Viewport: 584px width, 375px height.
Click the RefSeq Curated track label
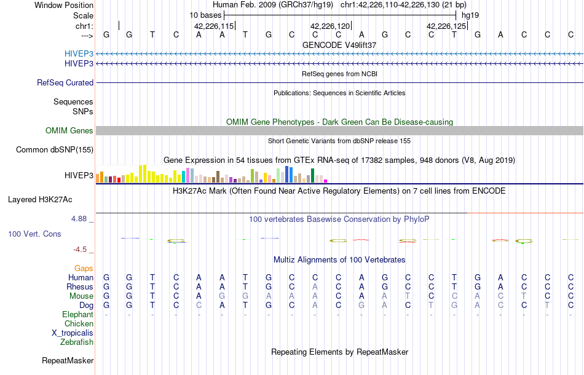coord(65,82)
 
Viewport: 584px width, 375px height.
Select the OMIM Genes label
coord(69,130)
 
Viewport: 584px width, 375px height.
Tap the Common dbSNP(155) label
coord(55,149)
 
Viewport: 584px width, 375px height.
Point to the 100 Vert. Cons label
coord(34,234)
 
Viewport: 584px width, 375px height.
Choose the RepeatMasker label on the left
coord(68,360)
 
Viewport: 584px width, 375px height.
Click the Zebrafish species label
coord(77,342)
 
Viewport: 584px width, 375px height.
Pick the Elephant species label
coord(77,314)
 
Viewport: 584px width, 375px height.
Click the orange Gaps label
coord(84,268)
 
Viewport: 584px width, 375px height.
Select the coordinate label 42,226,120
coord(330,26)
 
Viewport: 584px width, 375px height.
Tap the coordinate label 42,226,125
coord(446,26)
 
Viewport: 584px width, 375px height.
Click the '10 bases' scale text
coord(205,15)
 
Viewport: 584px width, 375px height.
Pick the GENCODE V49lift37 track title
coord(339,45)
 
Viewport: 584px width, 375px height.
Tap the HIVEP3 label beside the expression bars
coord(79,175)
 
